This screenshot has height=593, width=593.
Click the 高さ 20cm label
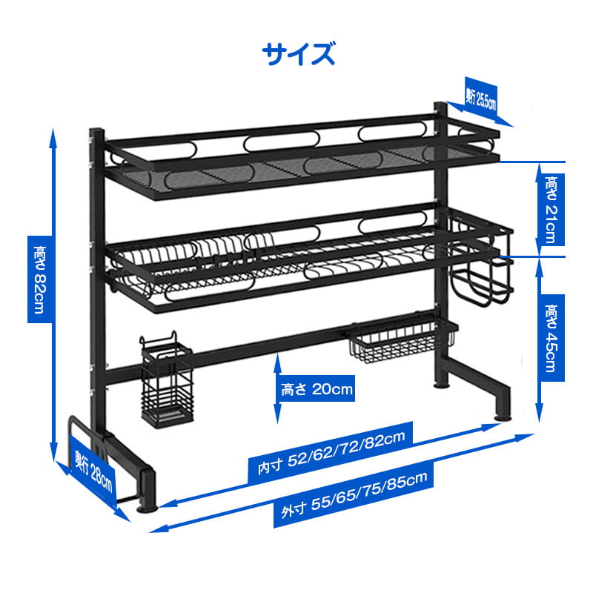point(317,388)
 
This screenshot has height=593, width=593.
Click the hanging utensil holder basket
point(167,385)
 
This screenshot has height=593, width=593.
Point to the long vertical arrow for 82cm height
point(53,296)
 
